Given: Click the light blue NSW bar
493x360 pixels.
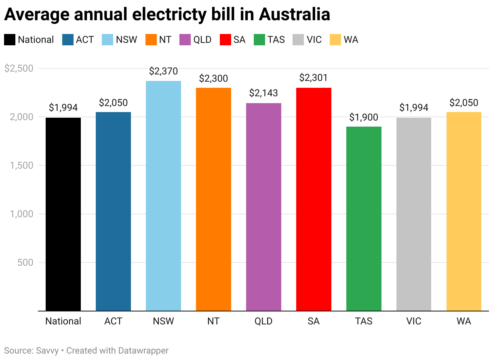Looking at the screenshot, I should [x=163, y=196].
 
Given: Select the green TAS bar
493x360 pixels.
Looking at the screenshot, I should [x=364, y=218].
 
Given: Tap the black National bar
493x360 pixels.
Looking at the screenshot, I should [x=63, y=214].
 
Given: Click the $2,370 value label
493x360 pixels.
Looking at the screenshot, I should [x=163, y=72].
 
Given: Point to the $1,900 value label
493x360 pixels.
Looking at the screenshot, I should [x=364, y=117].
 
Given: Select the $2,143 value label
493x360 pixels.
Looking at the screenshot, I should [x=263, y=93].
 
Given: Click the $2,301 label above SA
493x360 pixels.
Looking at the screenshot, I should [x=314, y=78].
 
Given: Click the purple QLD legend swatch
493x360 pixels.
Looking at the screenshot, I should [x=186, y=40].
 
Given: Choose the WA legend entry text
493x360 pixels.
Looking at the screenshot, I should [x=351, y=40].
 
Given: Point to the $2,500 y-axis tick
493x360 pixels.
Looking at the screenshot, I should [x=18, y=68].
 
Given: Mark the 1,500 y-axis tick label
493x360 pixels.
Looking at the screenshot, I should [x=22, y=165].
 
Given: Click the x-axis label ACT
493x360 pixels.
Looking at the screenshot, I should [x=113, y=321].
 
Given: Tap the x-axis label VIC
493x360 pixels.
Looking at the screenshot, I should [x=414, y=321].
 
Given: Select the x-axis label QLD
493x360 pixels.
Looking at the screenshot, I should [x=263, y=321].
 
